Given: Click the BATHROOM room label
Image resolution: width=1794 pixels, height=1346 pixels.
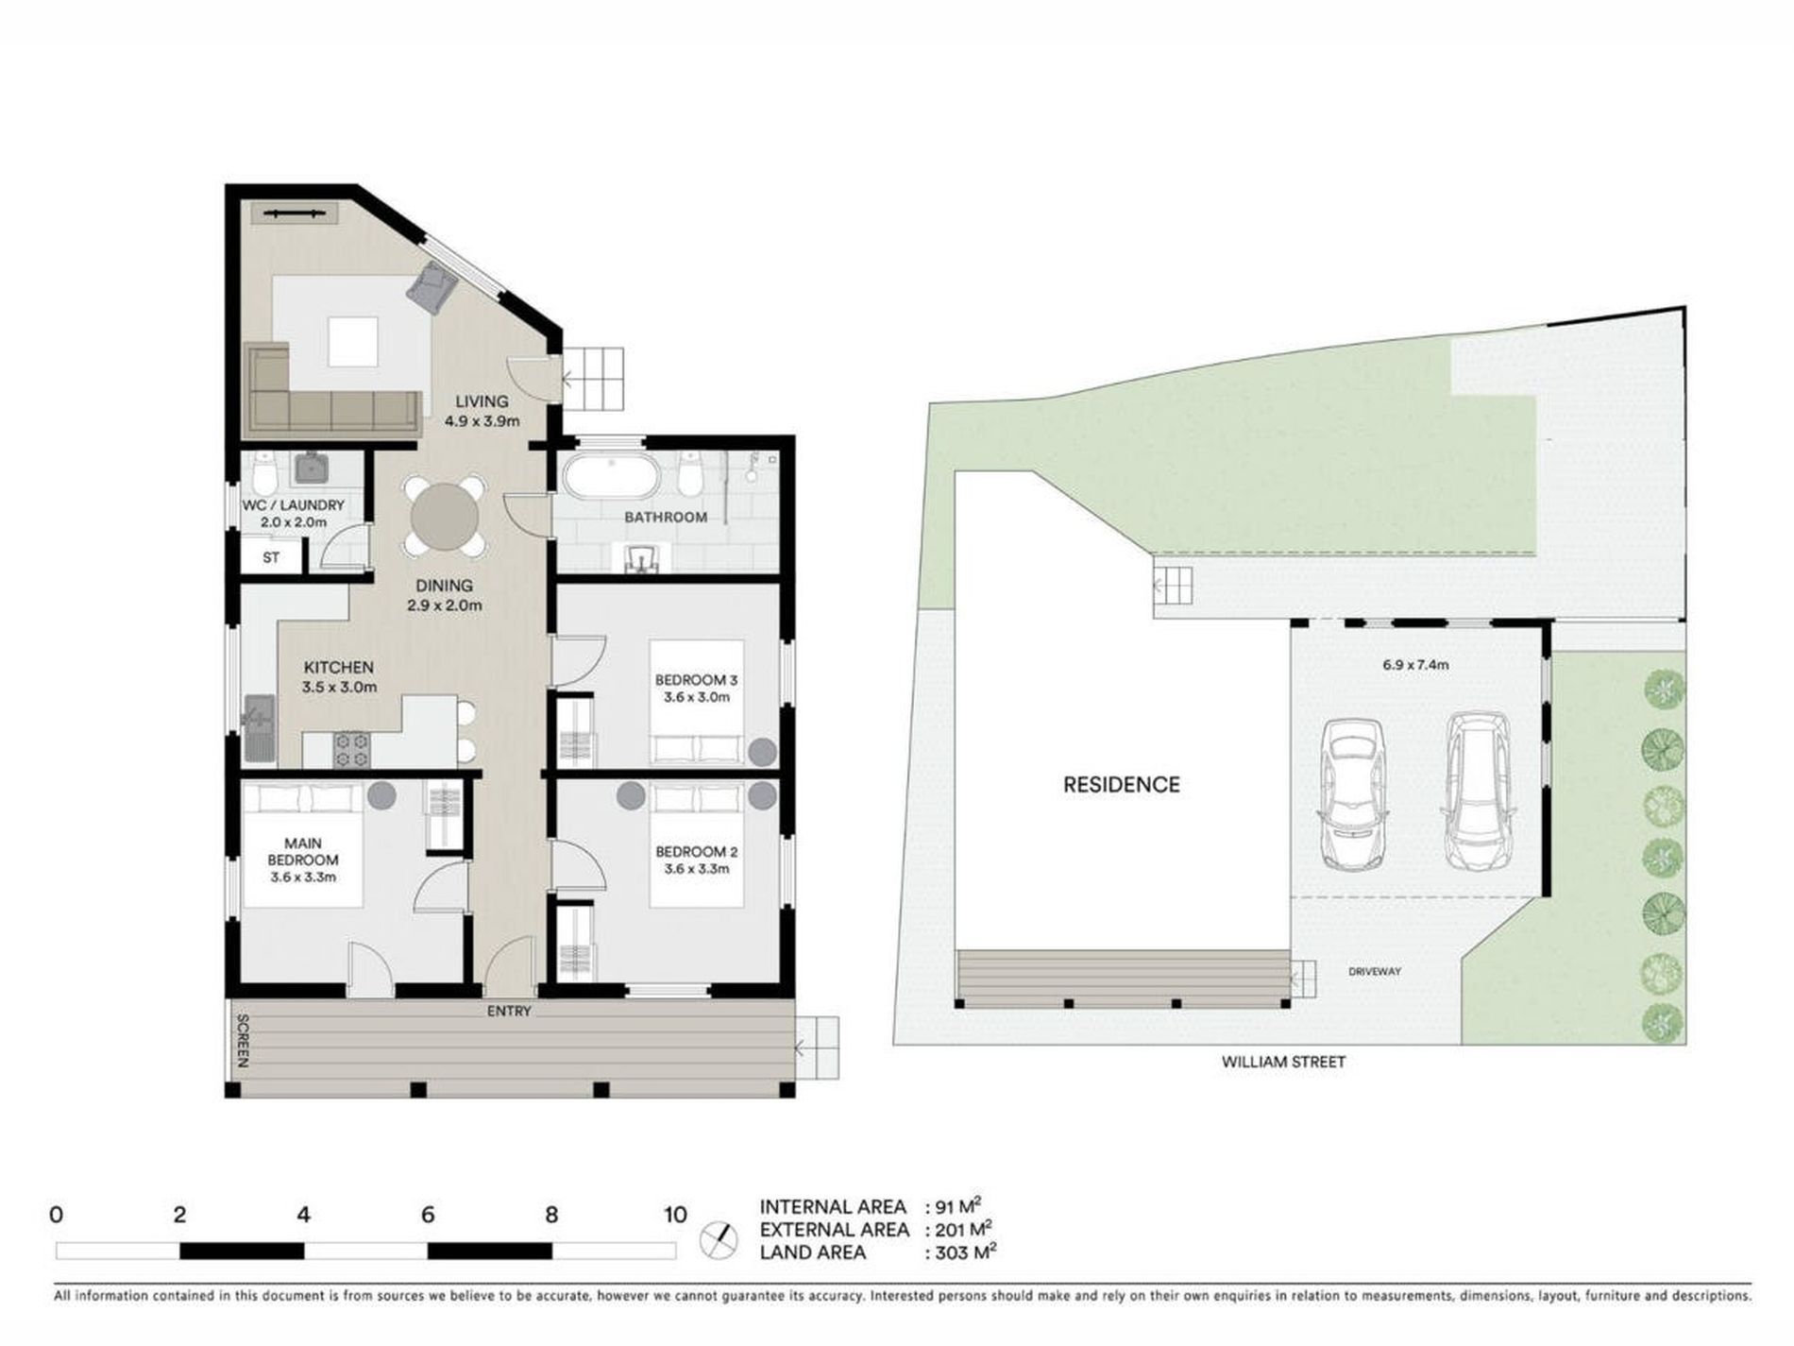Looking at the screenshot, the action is point(666,517).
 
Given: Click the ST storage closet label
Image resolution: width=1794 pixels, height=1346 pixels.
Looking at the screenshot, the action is point(271,557).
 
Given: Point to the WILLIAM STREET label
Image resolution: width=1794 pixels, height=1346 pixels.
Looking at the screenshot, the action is point(1283,1062).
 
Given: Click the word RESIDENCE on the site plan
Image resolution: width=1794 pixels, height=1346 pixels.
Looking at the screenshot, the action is point(1122,785).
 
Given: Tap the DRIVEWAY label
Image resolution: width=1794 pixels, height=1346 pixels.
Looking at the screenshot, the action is point(1375,971).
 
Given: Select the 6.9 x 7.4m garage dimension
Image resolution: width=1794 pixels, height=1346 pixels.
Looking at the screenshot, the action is point(1415,664).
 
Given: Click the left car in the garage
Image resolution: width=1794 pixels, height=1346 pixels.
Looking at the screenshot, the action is point(1352,793).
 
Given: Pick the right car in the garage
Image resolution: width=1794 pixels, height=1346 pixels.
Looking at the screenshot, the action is point(1479,792).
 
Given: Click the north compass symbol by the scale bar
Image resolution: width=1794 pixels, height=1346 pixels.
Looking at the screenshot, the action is point(719,1239).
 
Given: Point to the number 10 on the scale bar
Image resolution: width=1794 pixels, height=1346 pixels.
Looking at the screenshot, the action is point(675,1215).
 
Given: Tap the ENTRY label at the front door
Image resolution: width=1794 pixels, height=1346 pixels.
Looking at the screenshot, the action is point(510,1011).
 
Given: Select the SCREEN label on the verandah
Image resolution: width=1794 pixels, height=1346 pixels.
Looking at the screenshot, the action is point(242,1041).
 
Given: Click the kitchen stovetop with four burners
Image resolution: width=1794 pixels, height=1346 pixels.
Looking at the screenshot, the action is point(352,750).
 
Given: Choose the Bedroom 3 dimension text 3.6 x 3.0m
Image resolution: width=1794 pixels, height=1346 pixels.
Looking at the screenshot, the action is point(696,697).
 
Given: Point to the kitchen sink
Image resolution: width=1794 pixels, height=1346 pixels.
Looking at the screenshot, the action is point(259,727).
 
